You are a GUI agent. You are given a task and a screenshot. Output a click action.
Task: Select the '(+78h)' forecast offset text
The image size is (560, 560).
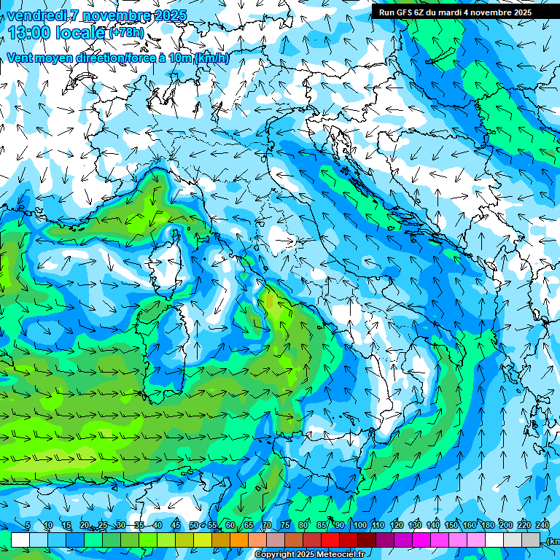(x=127, y=33)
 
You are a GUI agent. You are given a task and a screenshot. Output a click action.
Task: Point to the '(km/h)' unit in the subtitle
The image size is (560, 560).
(x=211, y=58)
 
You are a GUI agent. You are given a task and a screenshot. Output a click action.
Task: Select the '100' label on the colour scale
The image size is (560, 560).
(x=359, y=526)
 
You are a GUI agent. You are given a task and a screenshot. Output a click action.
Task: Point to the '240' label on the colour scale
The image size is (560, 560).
(x=542, y=526)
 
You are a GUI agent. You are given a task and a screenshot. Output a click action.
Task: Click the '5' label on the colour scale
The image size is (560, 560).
(x=28, y=526)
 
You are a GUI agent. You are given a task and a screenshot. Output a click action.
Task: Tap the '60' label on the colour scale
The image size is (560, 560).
(x=230, y=526)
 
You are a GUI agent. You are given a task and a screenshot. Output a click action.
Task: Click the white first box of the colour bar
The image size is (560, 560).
(x=20, y=540)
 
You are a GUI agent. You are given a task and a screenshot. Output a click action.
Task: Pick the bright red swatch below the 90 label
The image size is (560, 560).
(x=330, y=540)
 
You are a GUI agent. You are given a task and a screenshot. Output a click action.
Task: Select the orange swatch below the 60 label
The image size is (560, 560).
(x=239, y=540)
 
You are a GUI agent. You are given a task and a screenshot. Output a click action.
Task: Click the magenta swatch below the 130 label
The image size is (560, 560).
(x=421, y=540)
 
